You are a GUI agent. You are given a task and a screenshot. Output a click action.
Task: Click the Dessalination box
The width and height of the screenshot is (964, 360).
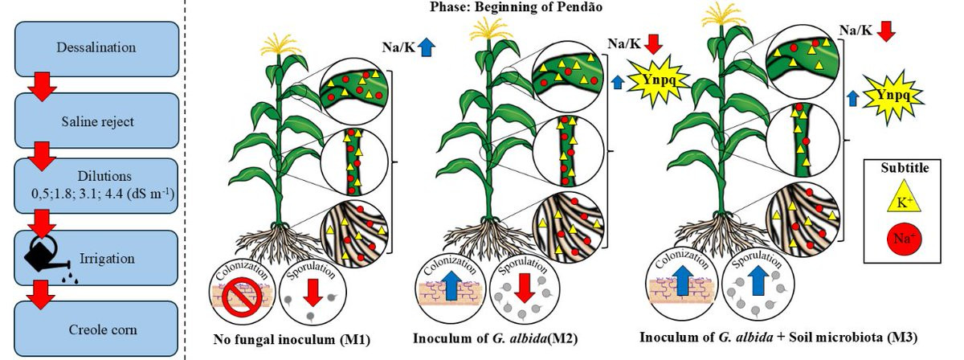[95, 47]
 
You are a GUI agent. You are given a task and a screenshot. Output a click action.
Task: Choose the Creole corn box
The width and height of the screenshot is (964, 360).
[95, 329]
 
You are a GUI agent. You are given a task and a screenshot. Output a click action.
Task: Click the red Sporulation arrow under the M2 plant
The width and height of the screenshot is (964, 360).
[524, 289]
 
